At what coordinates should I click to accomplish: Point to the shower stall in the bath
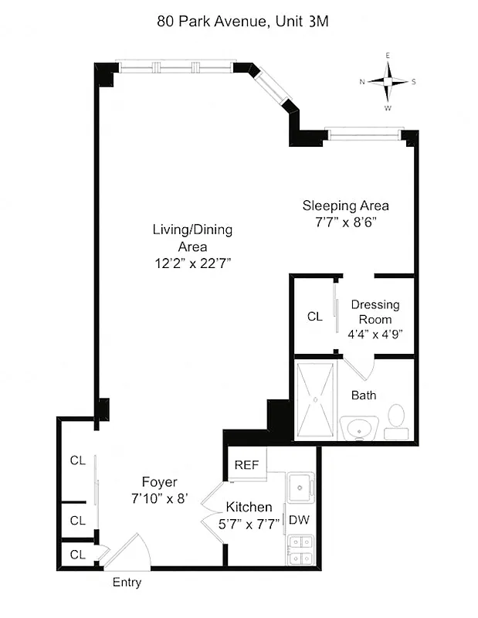click(x=316, y=399)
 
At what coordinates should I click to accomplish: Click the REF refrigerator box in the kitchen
click(x=246, y=465)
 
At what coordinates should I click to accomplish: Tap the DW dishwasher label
click(x=298, y=521)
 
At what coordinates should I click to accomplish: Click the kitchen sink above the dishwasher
click(x=298, y=487)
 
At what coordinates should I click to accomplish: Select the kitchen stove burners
click(x=299, y=550)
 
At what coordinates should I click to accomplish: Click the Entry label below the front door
click(x=127, y=582)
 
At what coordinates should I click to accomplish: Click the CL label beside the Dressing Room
click(x=314, y=316)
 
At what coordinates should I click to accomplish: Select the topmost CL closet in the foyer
click(x=77, y=460)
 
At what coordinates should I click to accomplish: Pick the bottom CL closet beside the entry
click(x=77, y=554)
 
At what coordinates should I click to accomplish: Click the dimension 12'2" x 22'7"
click(x=193, y=263)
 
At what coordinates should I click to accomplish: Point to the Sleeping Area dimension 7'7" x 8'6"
click(x=345, y=221)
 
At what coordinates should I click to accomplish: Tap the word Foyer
click(x=159, y=482)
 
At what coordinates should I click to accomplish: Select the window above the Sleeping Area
click(x=365, y=134)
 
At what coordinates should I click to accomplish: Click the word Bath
click(x=364, y=396)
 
